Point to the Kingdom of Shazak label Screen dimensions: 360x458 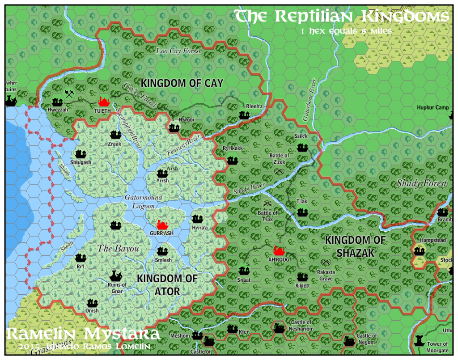point(355,246)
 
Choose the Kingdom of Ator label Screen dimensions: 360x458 point(167,285)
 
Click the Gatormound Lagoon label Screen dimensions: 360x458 point(144,202)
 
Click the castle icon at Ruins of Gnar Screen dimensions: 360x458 point(116,275)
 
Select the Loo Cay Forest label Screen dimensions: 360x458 point(178,51)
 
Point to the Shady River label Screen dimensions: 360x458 point(249,189)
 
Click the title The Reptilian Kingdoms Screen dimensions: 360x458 point(342,17)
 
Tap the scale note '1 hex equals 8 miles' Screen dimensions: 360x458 point(346,31)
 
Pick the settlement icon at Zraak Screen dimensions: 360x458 point(115,134)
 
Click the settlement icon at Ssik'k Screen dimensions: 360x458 point(302,147)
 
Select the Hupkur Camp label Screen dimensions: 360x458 point(433,107)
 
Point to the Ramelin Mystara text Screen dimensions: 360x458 point(83,334)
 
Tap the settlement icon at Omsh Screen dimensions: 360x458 point(92,302)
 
